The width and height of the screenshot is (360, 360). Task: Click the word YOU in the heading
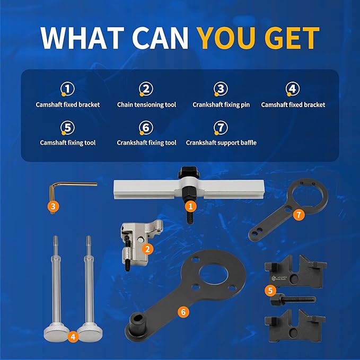[224, 37]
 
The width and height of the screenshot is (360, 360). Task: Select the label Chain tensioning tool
[146, 105]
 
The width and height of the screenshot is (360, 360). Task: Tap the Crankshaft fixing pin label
[221, 105]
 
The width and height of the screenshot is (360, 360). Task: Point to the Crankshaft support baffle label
[221, 143]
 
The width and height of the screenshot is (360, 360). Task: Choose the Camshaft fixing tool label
[68, 143]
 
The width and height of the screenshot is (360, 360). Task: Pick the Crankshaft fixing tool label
[146, 143]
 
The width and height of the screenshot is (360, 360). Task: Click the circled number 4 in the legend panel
[293, 89]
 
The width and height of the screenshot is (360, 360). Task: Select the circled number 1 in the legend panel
[68, 89]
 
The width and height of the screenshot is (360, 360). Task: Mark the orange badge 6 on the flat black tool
[183, 312]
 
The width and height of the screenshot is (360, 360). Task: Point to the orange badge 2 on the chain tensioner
[149, 248]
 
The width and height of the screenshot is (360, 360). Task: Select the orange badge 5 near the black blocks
[270, 290]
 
